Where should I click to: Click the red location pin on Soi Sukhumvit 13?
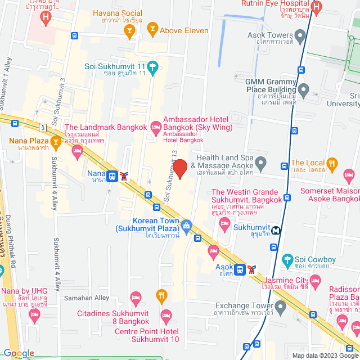[179, 168]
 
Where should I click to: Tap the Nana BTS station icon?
[112, 175]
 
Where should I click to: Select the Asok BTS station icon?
[240, 269]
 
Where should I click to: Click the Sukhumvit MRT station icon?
[276, 230]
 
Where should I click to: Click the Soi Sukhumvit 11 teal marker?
[152, 65]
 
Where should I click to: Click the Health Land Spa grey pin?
[260, 164]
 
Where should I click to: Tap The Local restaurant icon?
[332, 164]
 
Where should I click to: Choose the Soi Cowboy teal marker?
[288, 260]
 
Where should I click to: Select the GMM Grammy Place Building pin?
[304, 89]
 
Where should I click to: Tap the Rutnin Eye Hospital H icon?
[316, 7]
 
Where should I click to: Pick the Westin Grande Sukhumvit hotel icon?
[225, 226]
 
